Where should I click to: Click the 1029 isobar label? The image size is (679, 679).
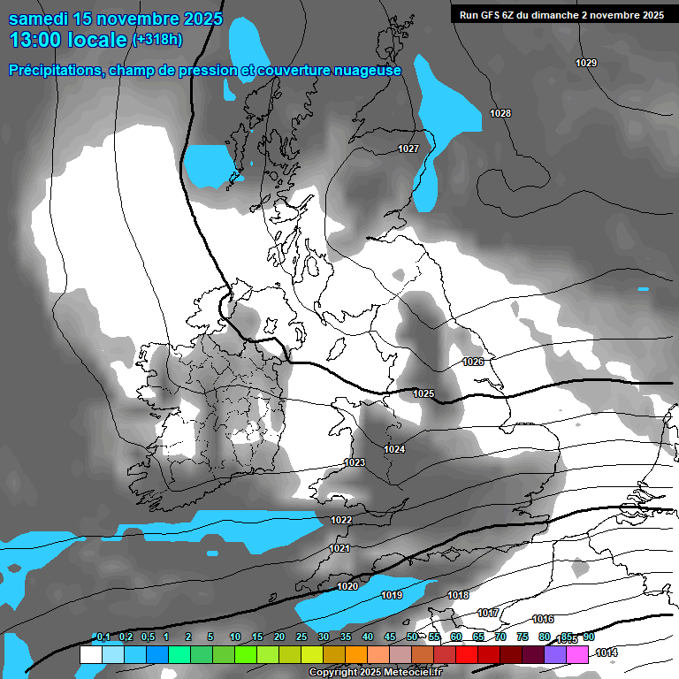(585, 63)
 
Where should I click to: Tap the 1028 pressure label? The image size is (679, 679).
(500, 113)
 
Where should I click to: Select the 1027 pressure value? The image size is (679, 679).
(408, 149)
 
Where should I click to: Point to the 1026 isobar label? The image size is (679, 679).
(473, 362)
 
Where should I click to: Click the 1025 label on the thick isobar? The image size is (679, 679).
(423, 393)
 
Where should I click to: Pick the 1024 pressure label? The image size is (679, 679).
(394, 450)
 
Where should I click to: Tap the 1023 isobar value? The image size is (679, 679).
(355, 462)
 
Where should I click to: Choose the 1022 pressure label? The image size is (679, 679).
(342, 520)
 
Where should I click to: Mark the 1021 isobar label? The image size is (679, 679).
(339, 549)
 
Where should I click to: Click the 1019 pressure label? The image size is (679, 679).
(393, 595)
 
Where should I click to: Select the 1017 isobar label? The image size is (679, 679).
(488, 614)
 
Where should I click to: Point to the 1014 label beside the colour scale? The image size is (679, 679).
(607, 653)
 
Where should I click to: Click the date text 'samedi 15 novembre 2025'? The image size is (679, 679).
(115, 19)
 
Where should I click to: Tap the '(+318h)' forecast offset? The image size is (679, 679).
(157, 39)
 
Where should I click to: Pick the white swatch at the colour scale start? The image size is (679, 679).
(90, 654)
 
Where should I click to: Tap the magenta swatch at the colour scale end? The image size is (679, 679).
(577, 654)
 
